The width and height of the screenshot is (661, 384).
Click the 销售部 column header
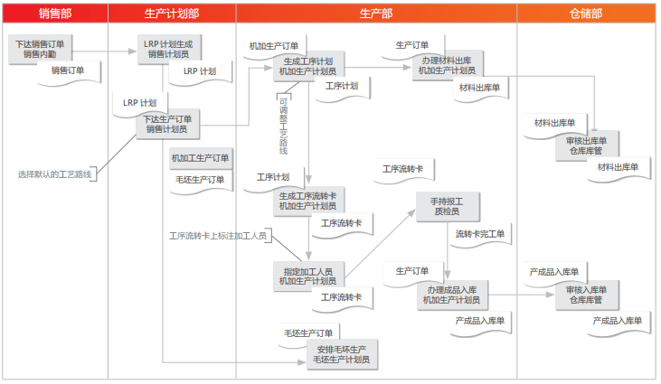54,14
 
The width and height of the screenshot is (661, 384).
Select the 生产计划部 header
172,14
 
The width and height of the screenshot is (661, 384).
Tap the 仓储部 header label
586,14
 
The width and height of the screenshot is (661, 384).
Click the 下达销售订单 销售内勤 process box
44,49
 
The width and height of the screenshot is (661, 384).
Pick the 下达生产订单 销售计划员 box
168,124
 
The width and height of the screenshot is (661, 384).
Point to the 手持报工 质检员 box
446,206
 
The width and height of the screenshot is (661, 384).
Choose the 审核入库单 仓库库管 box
586,295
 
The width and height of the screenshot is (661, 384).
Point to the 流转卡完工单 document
480,235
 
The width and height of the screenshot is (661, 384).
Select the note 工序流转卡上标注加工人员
218,236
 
